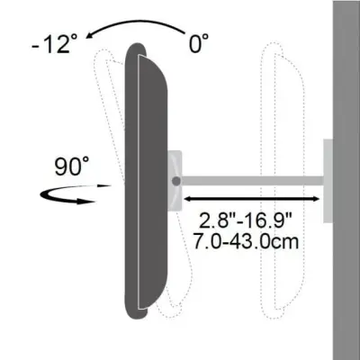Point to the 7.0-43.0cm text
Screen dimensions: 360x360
pyautogui.click(x=247, y=242)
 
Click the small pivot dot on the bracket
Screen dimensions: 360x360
pyautogui.click(x=176, y=181)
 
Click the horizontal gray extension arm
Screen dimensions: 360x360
pyautogui.click(x=252, y=181)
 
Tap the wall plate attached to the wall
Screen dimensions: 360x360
pyautogui.click(x=328, y=180)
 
